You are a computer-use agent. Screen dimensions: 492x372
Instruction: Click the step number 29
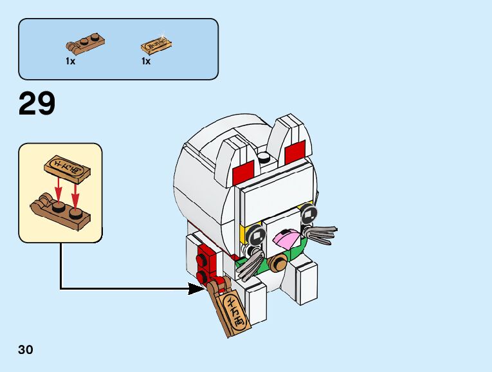point(37,104)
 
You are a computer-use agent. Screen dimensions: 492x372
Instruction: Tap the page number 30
point(26,350)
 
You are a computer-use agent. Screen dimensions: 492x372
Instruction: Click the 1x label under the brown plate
point(70,61)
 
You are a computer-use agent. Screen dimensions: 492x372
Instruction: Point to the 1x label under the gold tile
point(146,61)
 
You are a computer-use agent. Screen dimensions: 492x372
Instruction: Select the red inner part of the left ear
point(244,172)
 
